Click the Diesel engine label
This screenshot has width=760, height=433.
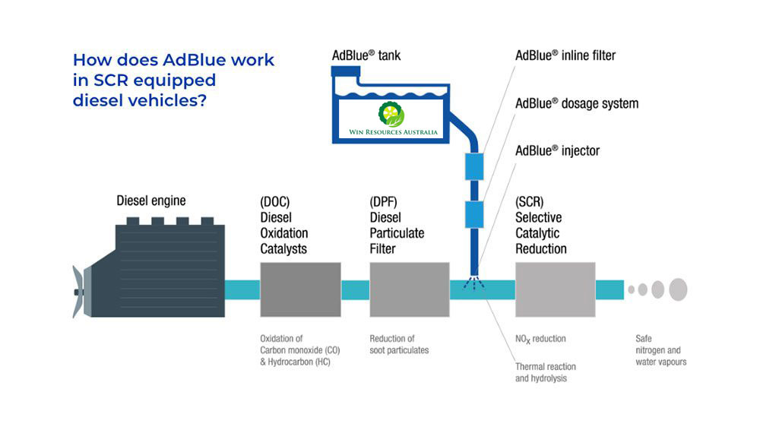[x=150, y=201]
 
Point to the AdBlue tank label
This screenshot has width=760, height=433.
[x=366, y=55]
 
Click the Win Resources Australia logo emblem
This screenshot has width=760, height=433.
[x=391, y=114]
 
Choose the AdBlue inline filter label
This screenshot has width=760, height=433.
[x=565, y=55]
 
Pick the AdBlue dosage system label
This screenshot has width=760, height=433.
[x=577, y=103]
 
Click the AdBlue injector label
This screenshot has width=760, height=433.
[x=557, y=150]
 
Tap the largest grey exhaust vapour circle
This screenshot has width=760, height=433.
[x=678, y=289]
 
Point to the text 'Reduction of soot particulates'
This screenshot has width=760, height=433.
[x=399, y=344]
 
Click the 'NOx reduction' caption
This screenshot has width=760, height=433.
[x=540, y=339]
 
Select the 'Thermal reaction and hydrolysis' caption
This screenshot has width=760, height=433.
[x=545, y=372]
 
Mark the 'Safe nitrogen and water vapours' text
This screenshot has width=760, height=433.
[x=660, y=350]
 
